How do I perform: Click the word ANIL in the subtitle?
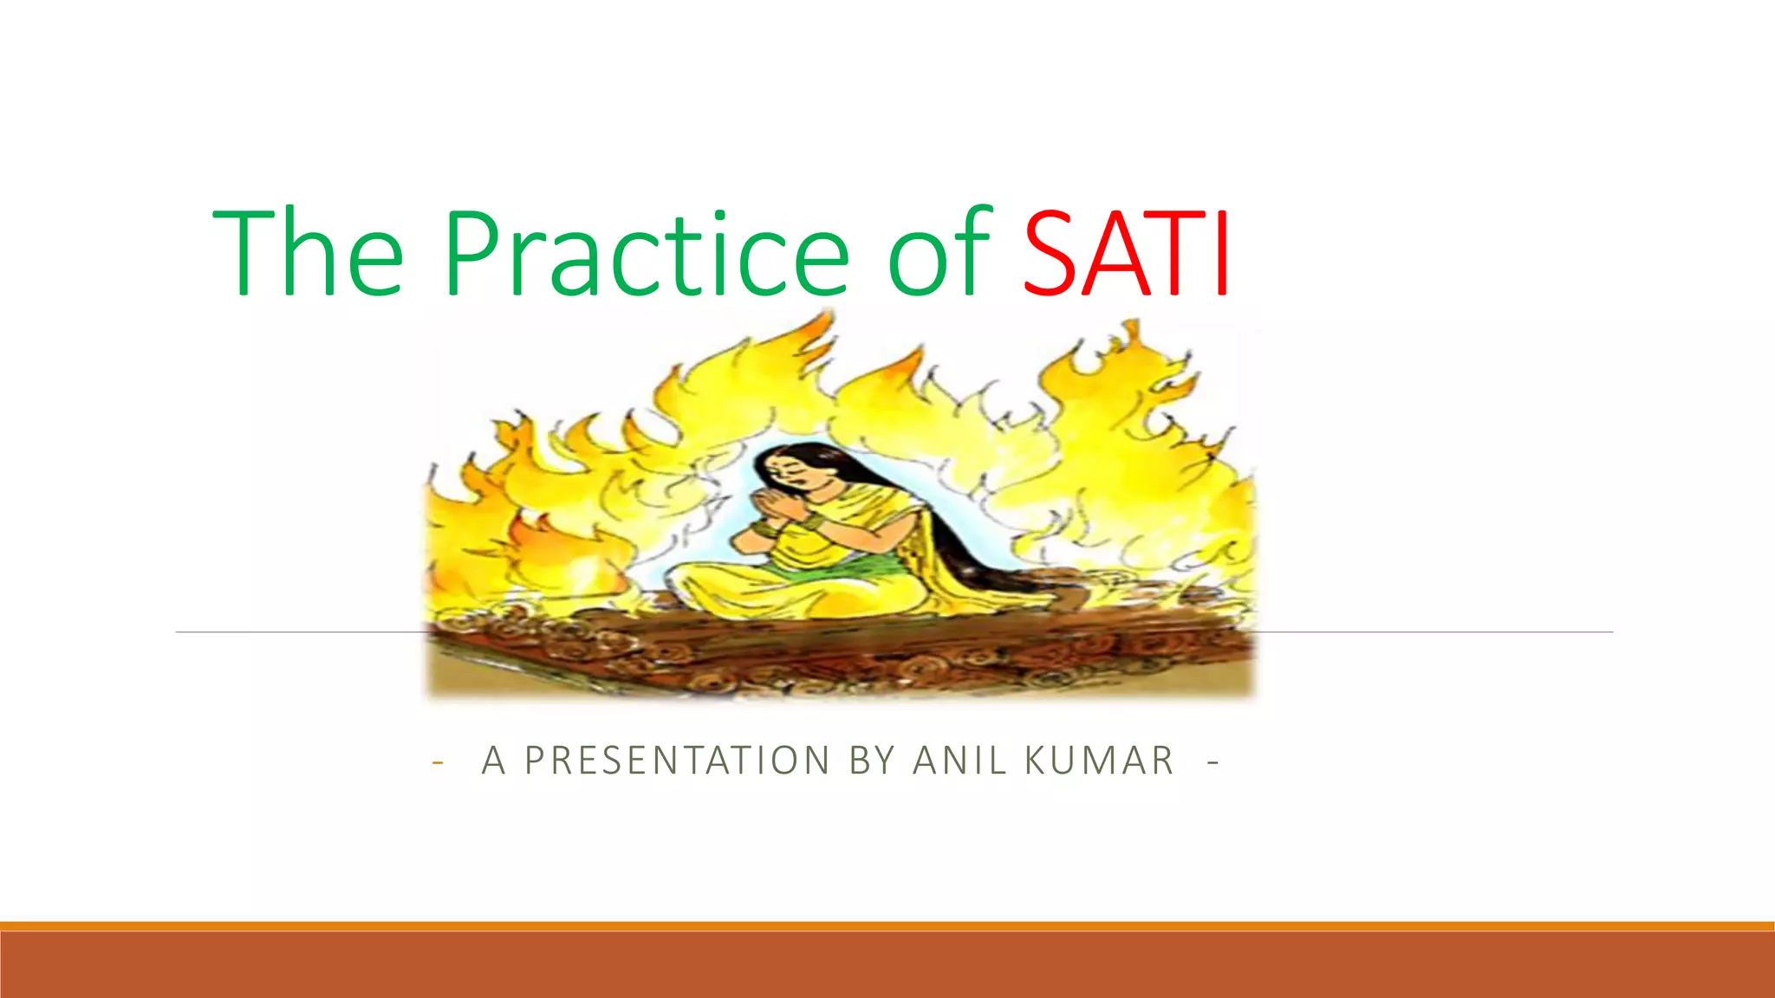click(x=959, y=761)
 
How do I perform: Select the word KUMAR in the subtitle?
click(x=1099, y=761)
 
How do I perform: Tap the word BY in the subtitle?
click(x=872, y=761)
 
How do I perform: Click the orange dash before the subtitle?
click(x=438, y=762)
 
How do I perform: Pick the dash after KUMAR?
click(x=1213, y=762)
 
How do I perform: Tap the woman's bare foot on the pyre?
click(x=1068, y=598)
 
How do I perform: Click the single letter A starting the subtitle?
click(x=493, y=761)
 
